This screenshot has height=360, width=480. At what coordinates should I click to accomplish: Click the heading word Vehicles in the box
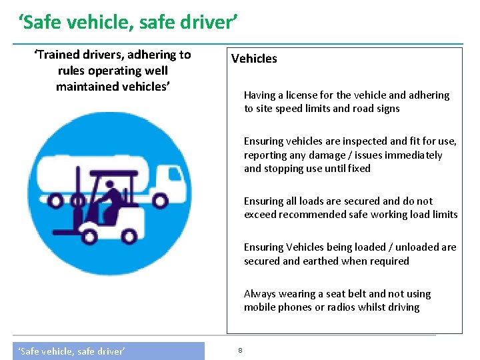pyautogui.click(x=254, y=59)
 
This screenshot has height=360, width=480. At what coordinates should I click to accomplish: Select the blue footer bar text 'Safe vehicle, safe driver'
pyautogui.click(x=71, y=351)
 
